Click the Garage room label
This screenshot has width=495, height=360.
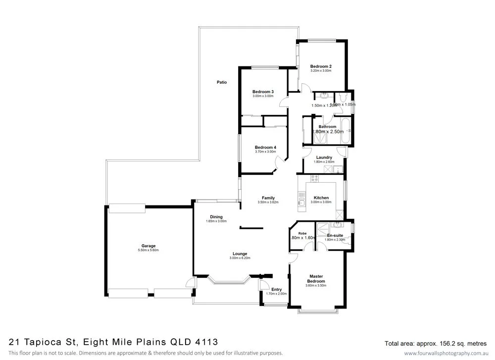148,246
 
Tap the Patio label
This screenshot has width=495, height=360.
222,82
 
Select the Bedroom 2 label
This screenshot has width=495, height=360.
321,66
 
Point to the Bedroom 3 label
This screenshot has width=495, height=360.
263,92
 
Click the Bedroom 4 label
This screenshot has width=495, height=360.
265,147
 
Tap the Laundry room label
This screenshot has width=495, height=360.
324,157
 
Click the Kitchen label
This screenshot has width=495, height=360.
321,198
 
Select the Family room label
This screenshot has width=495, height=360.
268,198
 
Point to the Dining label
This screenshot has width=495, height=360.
216,217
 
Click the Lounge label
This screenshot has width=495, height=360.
240,254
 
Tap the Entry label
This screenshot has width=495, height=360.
276,290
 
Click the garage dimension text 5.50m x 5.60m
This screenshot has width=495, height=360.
148,251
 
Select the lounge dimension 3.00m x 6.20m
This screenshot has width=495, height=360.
240,258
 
